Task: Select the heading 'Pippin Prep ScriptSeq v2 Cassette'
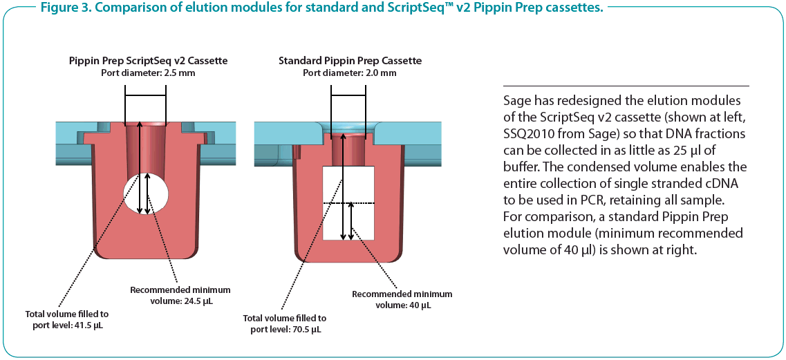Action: [x=148, y=61]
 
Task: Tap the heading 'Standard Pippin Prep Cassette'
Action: [x=350, y=61]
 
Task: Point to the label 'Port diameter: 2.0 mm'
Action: [x=350, y=73]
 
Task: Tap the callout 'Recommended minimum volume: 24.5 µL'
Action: [x=180, y=295]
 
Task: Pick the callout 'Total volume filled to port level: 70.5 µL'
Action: [x=285, y=324]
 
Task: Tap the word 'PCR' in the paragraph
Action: [x=589, y=200]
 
